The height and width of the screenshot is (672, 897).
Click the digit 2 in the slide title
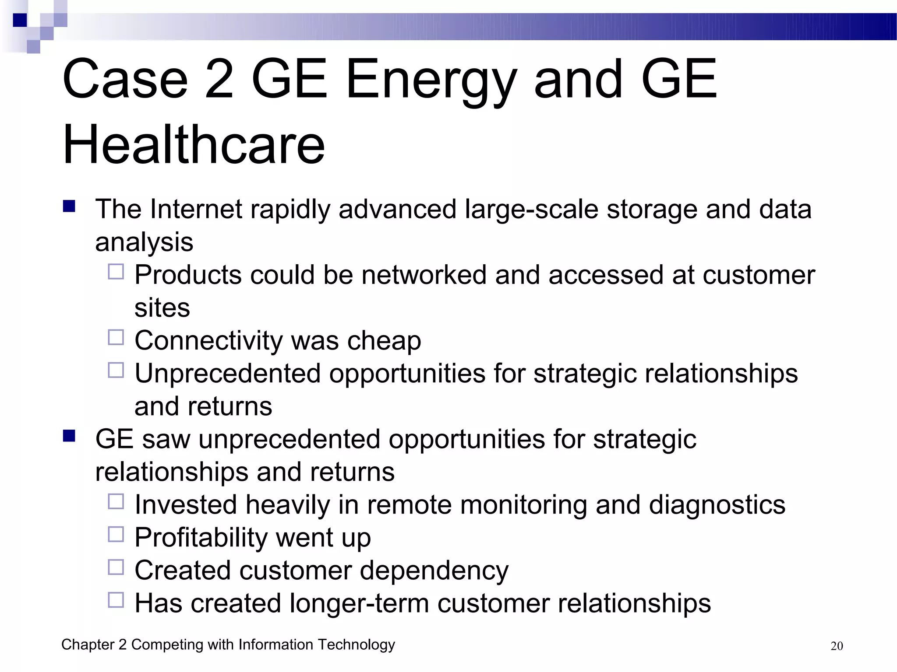pyautogui.click(x=219, y=80)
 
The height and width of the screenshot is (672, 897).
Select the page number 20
pyautogui.click(x=837, y=646)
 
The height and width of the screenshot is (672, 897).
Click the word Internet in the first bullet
pyautogui.click(x=196, y=209)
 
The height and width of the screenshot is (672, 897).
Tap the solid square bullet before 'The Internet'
pyautogui.click(x=69, y=206)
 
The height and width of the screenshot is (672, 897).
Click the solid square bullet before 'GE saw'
pyautogui.click(x=69, y=436)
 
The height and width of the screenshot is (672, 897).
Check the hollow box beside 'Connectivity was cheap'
pyautogui.click(x=116, y=337)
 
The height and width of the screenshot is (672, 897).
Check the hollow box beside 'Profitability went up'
pyautogui.click(x=116, y=534)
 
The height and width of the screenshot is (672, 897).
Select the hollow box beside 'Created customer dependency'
pyautogui.click(x=116, y=567)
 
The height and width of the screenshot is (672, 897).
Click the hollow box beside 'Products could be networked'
pyautogui.click(x=116, y=272)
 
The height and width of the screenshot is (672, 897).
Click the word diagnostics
pyautogui.click(x=717, y=505)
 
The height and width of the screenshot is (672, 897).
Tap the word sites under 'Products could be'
pyautogui.click(x=162, y=308)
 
